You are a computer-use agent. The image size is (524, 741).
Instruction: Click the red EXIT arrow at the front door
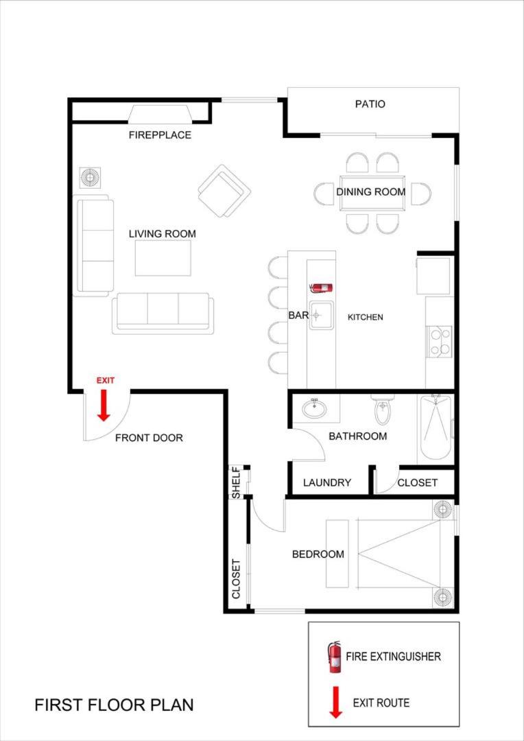[104, 405]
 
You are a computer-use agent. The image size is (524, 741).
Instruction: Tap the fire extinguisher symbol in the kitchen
[321, 287]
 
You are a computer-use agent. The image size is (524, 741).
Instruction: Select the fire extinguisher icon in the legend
[335, 657]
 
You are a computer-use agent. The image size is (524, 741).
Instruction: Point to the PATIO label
[370, 104]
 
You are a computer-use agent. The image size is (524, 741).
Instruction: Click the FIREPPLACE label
[160, 135]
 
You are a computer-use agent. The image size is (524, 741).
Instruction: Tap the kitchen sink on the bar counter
[321, 315]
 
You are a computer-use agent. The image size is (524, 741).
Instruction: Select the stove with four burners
[440, 342]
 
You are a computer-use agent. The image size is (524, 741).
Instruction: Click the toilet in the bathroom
[382, 409]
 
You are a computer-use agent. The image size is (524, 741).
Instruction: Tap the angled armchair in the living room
[224, 191]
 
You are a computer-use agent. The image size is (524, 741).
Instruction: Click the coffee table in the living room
[163, 257]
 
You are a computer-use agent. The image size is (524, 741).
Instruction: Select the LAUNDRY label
[327, 482]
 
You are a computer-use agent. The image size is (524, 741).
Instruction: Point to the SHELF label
[236, 482]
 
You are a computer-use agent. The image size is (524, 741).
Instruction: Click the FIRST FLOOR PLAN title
[114, 705]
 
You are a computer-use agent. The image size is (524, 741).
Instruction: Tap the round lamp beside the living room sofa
[89, 177]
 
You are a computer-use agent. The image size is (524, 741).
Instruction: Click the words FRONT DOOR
[149, 438]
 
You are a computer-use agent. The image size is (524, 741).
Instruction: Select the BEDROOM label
[318, 554]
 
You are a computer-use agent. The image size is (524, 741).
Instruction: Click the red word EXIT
[105, 379]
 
